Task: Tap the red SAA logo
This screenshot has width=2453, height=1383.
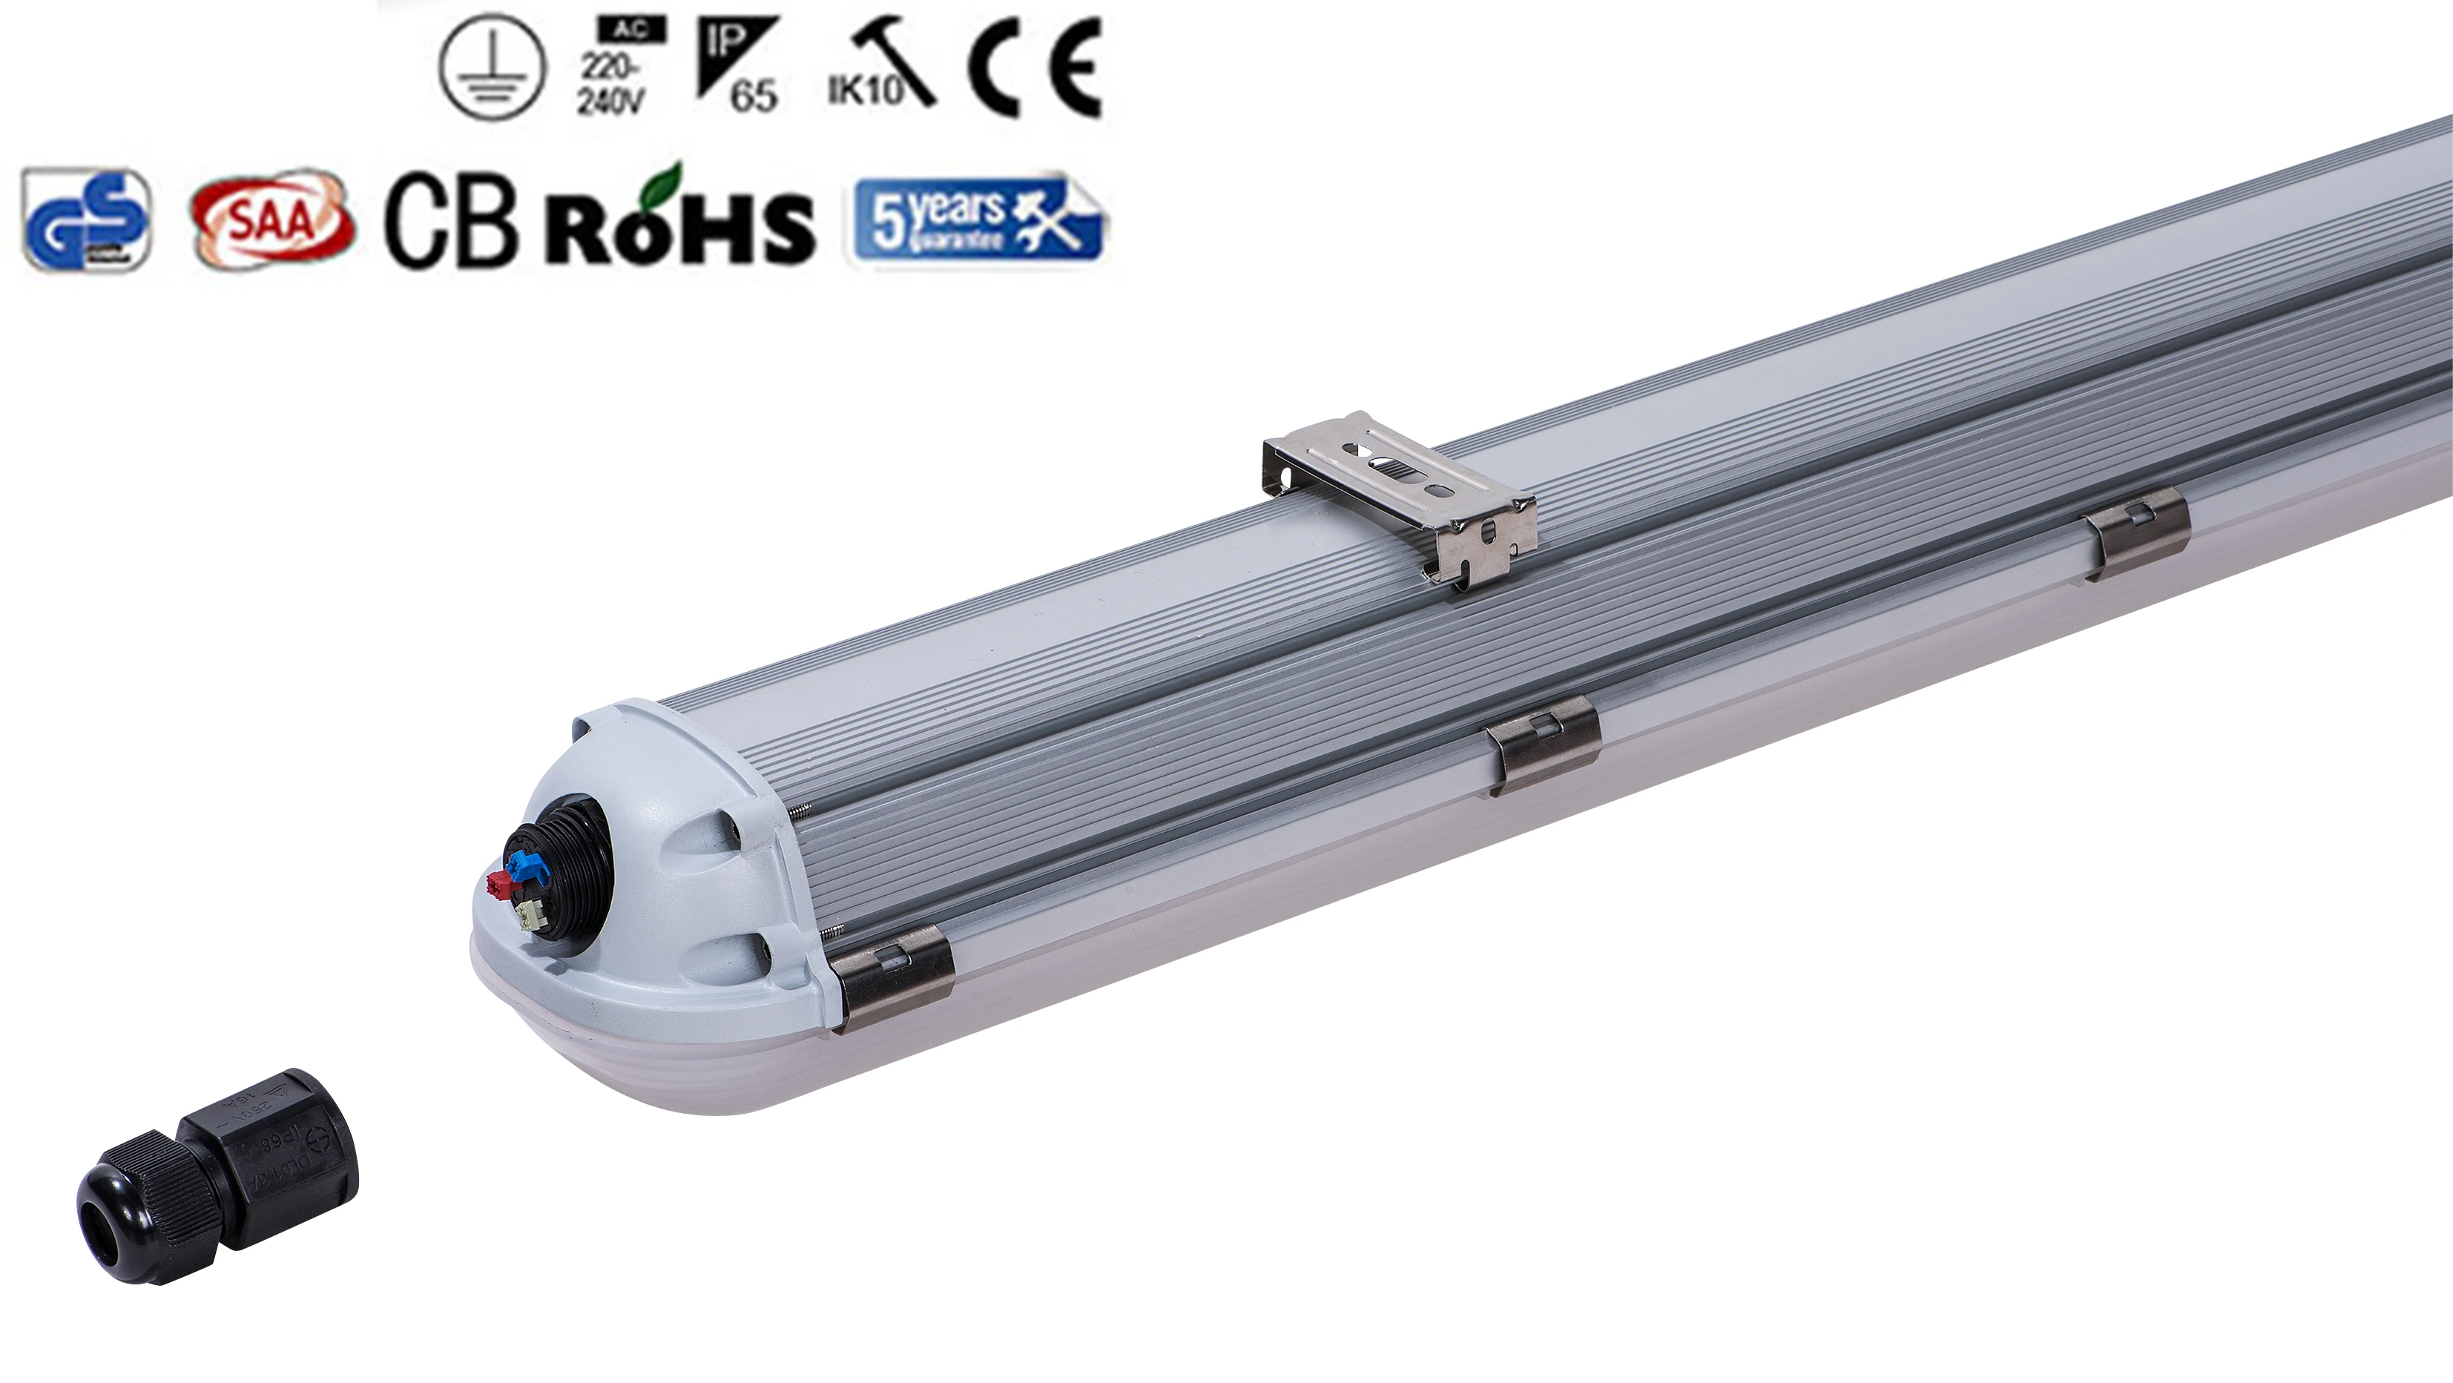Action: [x=273, y=221]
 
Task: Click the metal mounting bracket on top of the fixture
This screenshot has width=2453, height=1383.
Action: [x=1400, y=500]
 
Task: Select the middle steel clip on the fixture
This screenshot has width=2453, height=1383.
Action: [x=1544, y=742]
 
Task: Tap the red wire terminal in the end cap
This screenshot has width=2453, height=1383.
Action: [x=498, y=885]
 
